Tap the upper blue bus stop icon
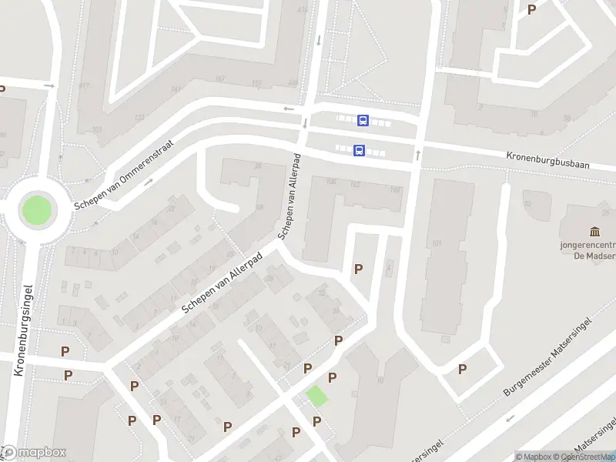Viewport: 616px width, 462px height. (363, 120)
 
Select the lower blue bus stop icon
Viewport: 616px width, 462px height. (359, 151)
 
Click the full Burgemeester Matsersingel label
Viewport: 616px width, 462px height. (548, 356)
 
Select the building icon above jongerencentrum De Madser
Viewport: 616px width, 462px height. (594, 232)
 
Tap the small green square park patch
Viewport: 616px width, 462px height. (316, 396)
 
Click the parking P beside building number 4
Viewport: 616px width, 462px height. (358, 269)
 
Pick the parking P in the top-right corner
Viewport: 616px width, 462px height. (531, 9)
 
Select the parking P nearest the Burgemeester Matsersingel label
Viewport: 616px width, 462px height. (462, 369)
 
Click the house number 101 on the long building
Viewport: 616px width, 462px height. (437, 244)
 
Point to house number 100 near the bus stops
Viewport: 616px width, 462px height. (332, 182)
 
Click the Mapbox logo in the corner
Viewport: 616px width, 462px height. (34, 453)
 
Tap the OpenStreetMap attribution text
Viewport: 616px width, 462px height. (588, 457)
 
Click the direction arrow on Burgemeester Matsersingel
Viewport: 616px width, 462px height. (508, 420)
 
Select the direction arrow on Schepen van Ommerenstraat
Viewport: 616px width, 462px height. (149, 182)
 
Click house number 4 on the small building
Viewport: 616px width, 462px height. (390, 267)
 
